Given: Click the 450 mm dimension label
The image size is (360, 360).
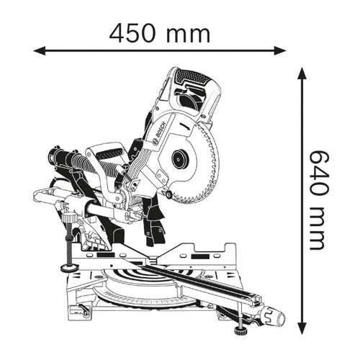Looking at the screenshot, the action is pyautogui.click(x=160, y=35).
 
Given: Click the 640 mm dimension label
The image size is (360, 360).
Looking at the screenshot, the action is pyautogui.click(x=319, y=200).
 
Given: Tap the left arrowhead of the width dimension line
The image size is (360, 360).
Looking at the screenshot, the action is pyautogui.click(x=40, y=50).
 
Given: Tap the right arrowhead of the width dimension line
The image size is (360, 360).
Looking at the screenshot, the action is pyautogui.click(x=280, y=50).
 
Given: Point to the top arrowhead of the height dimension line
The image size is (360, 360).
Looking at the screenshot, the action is pyautogui.click(x=302, y=73).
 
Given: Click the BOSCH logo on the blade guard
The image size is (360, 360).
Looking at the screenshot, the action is pyautogui.click(x=159, y=132).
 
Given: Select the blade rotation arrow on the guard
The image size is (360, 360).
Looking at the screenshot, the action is pyautogui.click(x=185, y=127).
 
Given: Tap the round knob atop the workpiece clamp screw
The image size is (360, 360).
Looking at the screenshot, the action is pyautogui.click(x=70, y=218).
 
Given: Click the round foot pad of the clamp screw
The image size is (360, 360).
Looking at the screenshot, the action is pyautogui.click(x=70, y=267).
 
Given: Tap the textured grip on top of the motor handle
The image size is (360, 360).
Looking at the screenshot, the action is pyautogui.click(x=193, y=77).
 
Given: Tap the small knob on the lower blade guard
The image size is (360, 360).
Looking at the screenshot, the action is pyautogui.click(x=168, y=194).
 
